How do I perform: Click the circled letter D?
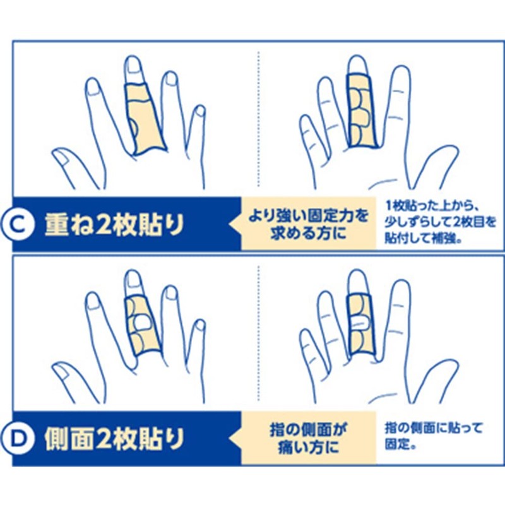pos(27,437)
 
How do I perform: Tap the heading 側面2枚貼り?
pos(114,437)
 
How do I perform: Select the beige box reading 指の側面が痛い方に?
pos(309,437)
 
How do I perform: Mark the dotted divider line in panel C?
pos(259,120)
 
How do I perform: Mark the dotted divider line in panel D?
pos(259,335)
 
